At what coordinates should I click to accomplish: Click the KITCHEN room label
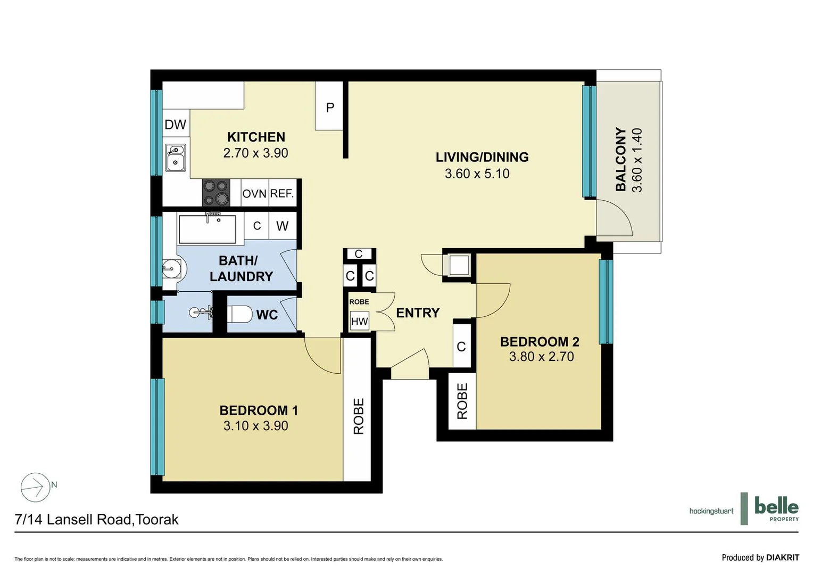256,137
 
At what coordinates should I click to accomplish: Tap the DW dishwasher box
175,125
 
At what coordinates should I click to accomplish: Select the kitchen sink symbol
175,158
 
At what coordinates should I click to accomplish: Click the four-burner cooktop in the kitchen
215,193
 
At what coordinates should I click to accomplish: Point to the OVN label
254,194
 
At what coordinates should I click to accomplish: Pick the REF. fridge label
282,193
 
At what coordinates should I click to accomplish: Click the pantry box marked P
329,107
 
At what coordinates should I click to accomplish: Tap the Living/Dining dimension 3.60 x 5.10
477,174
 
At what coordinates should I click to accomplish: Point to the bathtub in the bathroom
207,229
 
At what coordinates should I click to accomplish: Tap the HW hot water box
359,321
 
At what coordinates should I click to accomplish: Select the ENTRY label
418,313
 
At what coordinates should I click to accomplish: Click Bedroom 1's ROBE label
359,416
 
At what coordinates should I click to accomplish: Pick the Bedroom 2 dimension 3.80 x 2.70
541,357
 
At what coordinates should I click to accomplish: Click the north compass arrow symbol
35,487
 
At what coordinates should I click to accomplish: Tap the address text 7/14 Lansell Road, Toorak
97,520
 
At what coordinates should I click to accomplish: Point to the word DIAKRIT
782,557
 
